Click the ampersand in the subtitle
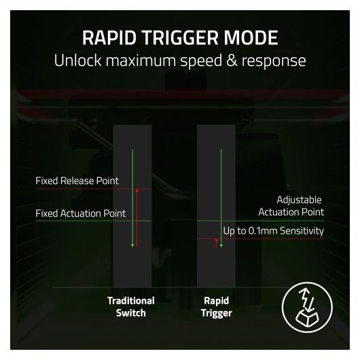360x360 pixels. (x=232, y=60)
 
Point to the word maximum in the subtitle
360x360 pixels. (x=141, y=60)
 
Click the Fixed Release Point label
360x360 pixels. (x=77, y=181)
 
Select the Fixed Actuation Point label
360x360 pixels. (x=81, y=213)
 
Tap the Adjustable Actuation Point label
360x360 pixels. (x=291, y=206)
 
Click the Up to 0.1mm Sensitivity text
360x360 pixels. (x=274, y=231)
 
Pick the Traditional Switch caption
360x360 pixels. (x=131, y=307)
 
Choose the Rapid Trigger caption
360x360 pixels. (x=216, y=307)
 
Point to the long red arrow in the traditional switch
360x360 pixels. (x=137, y=218)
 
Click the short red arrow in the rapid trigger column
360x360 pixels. (x=216, y=243)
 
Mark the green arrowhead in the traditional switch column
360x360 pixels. (x=132, y=246)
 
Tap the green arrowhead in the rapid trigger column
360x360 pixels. (x=221, y=246)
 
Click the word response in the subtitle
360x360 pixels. (x=274, y=62)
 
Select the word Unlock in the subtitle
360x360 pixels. (x=77, y=60)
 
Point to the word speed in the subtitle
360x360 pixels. (x=201, y=61)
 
